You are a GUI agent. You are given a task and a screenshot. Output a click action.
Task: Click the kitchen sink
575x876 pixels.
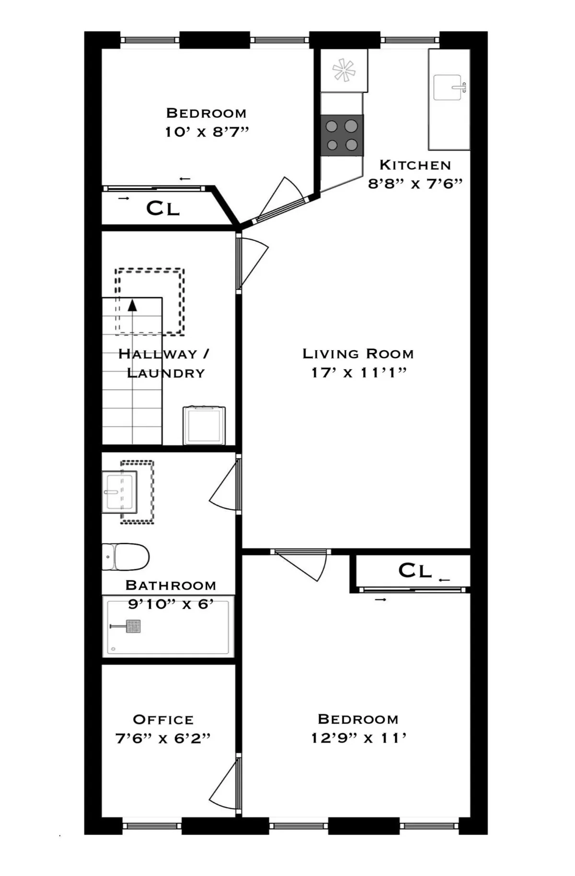(449, 88)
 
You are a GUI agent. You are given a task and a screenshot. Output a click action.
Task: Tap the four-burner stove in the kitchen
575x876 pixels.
(342, 135)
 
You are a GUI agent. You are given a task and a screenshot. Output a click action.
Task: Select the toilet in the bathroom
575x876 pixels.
(126, 557)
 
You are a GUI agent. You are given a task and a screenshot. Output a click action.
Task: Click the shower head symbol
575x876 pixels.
(133, 626)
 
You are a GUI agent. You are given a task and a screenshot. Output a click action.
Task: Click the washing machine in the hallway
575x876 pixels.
(204, 425)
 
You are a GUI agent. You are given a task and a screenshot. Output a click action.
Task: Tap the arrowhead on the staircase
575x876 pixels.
(132, 305)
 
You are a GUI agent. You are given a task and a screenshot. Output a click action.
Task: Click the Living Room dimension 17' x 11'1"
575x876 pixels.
(358, 372)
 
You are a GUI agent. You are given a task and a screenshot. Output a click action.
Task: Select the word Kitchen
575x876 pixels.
(415, 165)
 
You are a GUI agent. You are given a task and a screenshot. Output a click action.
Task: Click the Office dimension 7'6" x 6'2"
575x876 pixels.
(163, 738)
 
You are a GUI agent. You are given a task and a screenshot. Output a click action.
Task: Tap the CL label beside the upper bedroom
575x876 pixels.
(163, 208)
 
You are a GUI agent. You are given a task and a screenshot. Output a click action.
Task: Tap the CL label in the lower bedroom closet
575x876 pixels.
(415, 570)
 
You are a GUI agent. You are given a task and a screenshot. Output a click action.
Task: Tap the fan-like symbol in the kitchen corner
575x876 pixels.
(344, 70)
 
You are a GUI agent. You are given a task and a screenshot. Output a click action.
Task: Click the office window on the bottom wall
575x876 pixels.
(152, 825)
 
